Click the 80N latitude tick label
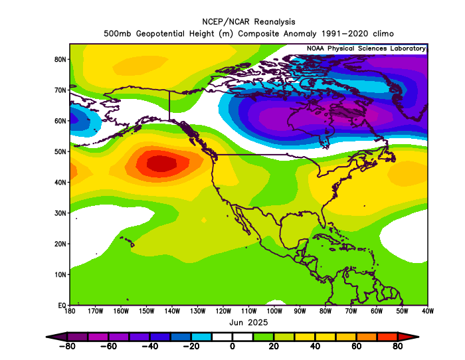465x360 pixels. (60, 59)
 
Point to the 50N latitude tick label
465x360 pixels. (60, 151)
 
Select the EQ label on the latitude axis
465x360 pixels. (62, 305)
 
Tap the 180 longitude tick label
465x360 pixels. (69, 311)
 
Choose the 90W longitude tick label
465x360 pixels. (300, 311)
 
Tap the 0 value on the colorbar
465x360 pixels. (232, 345)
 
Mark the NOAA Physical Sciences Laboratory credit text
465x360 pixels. (366, 48)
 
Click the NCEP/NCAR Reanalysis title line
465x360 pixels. (247, 21)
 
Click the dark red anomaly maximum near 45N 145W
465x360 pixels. (161, 163)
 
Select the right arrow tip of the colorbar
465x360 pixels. (418, 336)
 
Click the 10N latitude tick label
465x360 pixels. (60, 274)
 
